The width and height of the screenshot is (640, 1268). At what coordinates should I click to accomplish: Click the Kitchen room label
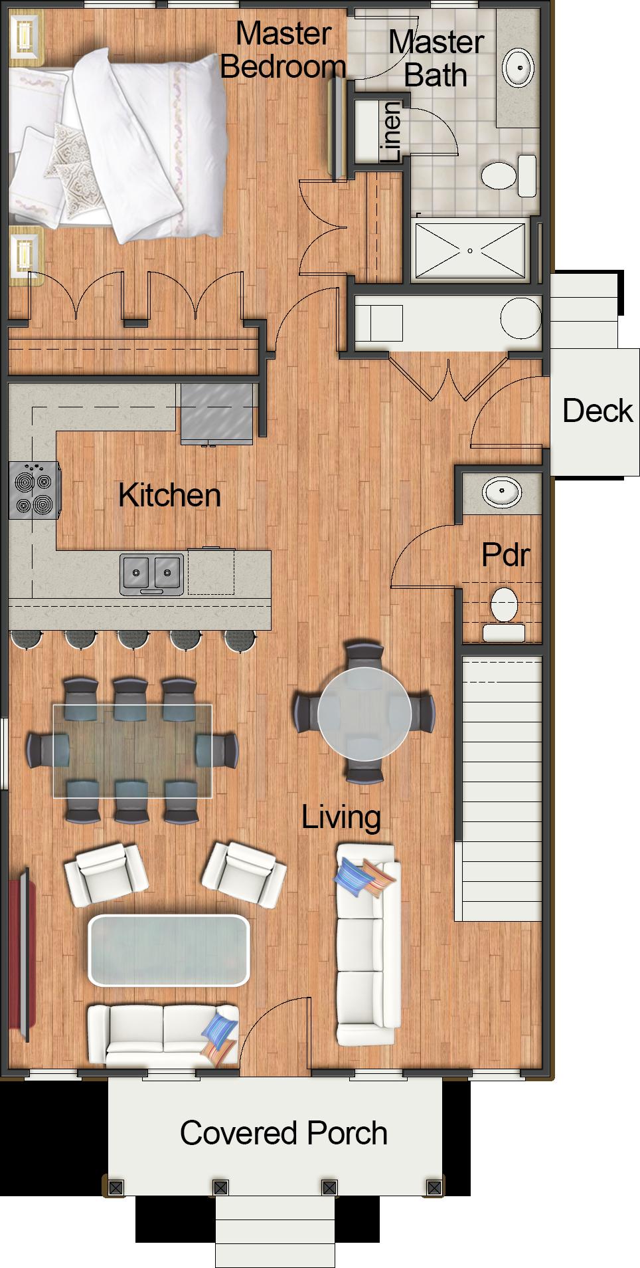click(169, 496)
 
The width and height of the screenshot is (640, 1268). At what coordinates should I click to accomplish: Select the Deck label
click(597, 411)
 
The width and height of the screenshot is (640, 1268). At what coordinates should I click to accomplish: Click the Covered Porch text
click(283, 1134)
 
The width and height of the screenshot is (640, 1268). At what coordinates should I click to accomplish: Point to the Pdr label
click(505, 554)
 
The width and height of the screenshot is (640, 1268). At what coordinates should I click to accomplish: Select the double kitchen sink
click(151, 572)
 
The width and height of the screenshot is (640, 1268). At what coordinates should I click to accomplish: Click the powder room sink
click(501, 492)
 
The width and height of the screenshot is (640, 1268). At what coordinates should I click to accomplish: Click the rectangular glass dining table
click(132, 751)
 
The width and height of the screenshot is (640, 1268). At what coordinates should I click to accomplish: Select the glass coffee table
click(169, 950)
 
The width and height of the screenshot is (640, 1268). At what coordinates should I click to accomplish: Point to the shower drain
click(469, 251)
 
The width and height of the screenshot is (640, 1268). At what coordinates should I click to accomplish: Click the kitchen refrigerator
click(217, 411)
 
